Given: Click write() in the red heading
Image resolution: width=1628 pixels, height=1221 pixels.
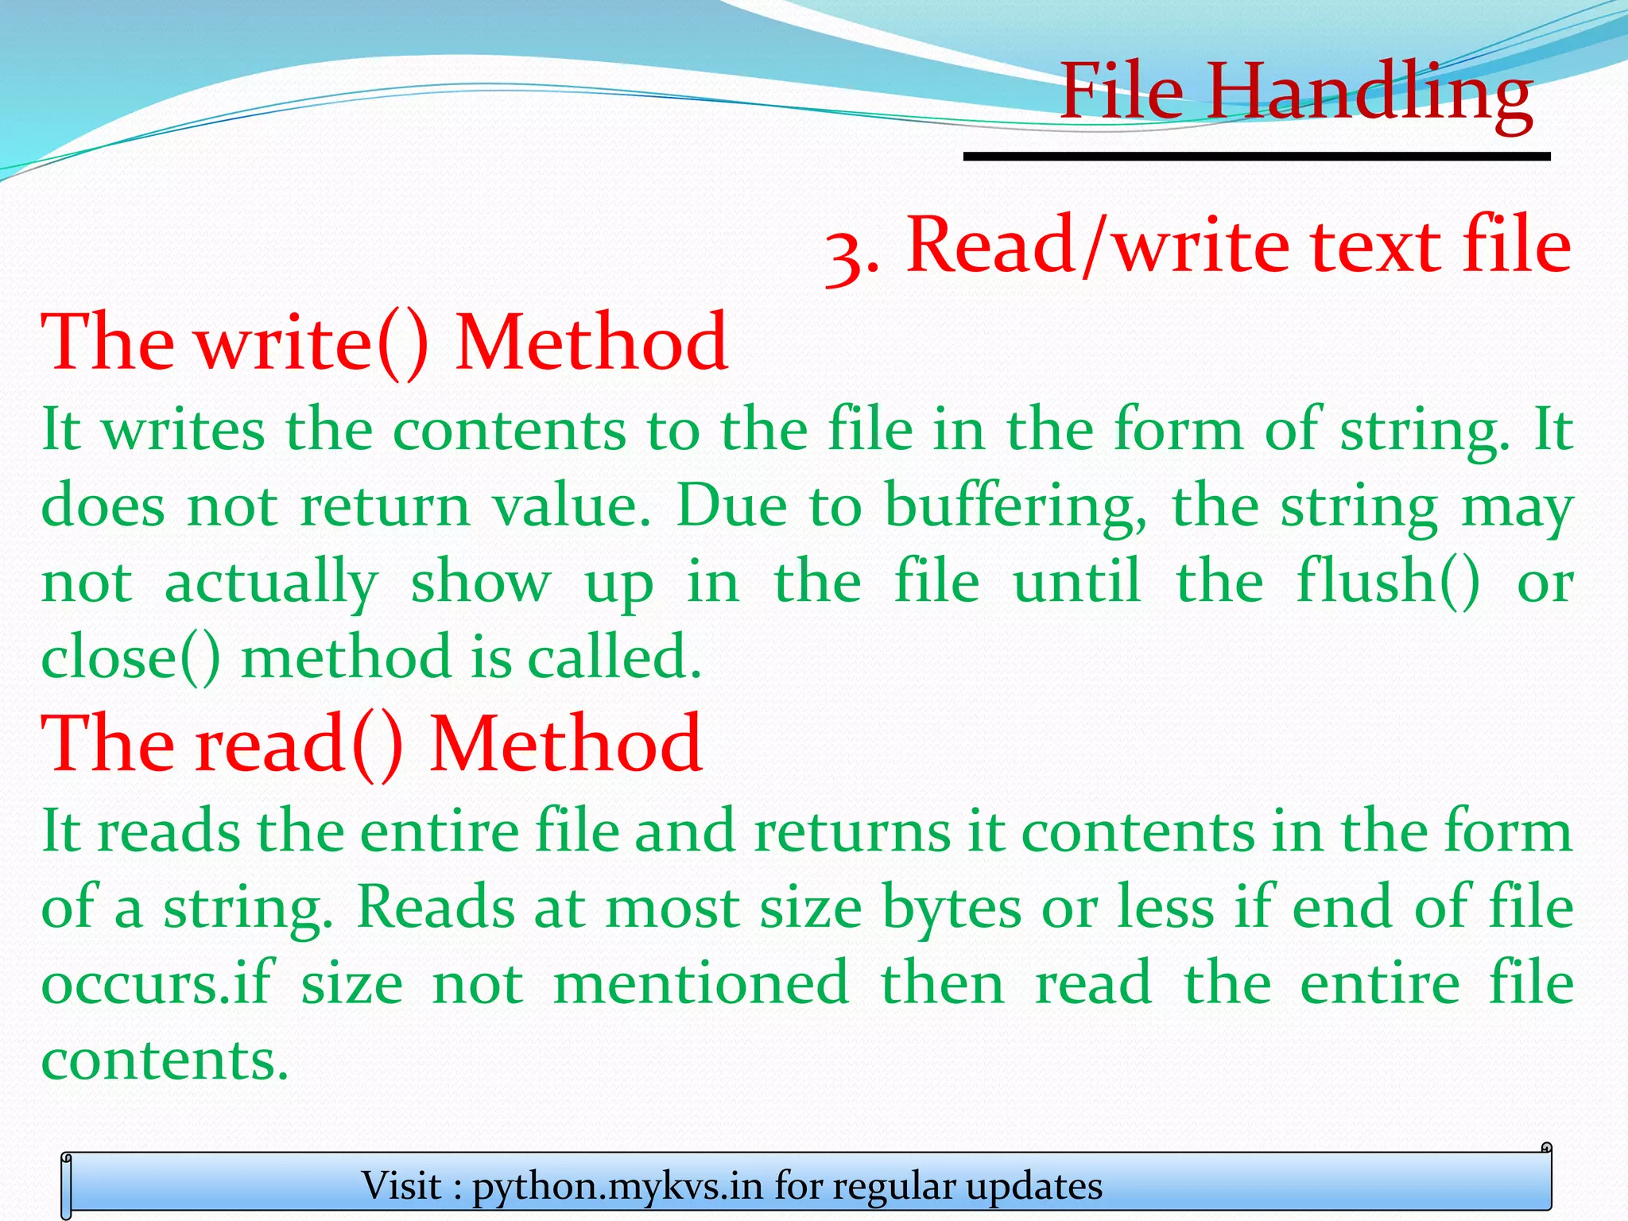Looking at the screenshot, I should [312, 343].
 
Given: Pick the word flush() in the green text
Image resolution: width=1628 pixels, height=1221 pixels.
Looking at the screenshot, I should [1388, 581].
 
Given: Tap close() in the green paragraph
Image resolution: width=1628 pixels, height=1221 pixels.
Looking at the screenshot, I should [130, 657].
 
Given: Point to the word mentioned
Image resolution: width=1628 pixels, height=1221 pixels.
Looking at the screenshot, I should [701, 983].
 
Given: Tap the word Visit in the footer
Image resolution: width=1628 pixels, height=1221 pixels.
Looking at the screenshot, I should [401, 1186].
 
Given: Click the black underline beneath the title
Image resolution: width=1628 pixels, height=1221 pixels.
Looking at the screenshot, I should [1257, 157].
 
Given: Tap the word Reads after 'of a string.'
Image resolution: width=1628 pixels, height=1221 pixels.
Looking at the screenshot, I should [435, 907].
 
